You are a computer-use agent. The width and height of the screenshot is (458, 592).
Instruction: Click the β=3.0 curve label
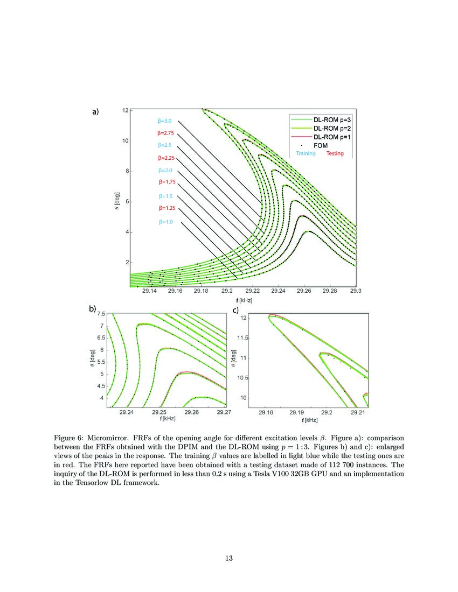[x=165, y=121]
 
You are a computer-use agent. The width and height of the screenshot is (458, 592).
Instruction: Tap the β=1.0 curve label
[x=165, y=222]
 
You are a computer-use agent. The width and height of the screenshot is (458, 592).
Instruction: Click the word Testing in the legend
[x=335, y=153]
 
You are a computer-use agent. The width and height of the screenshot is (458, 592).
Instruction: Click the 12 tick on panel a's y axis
[x=125, y=110]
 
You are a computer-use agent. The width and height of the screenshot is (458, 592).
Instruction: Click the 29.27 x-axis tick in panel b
[x=224, y=413]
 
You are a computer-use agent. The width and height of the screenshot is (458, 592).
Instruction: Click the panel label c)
[x=235, y=310]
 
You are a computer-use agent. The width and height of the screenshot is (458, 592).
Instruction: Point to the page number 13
[x=229, y=558]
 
